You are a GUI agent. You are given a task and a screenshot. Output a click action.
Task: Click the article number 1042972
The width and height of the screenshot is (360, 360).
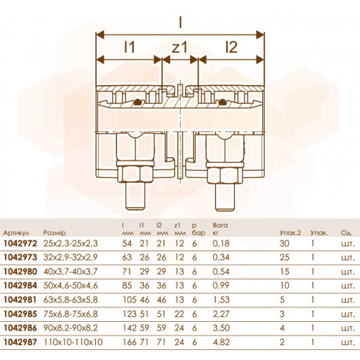click(20, 243)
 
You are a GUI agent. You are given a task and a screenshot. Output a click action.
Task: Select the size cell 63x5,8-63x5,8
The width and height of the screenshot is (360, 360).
click(71, 300)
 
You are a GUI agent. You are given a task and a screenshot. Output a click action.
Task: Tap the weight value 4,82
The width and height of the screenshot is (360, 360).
click(221, 342)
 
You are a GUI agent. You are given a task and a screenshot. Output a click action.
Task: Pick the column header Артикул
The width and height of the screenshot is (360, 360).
click(17, 233)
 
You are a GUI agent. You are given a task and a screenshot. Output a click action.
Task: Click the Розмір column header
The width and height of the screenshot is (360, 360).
click(55, 233)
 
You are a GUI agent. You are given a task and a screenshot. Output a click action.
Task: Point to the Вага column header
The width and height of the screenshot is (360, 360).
click(220, 225)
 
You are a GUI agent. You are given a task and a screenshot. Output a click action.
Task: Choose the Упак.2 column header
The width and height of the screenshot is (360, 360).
click(290, 233)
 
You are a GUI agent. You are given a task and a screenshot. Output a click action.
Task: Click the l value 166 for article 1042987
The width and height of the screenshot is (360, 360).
click(130, 342)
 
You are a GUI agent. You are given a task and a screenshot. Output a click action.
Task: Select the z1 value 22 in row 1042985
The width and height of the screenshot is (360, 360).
click(179, 314)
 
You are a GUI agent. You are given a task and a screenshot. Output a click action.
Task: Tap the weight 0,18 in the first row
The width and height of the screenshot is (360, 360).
click(221, 243)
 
